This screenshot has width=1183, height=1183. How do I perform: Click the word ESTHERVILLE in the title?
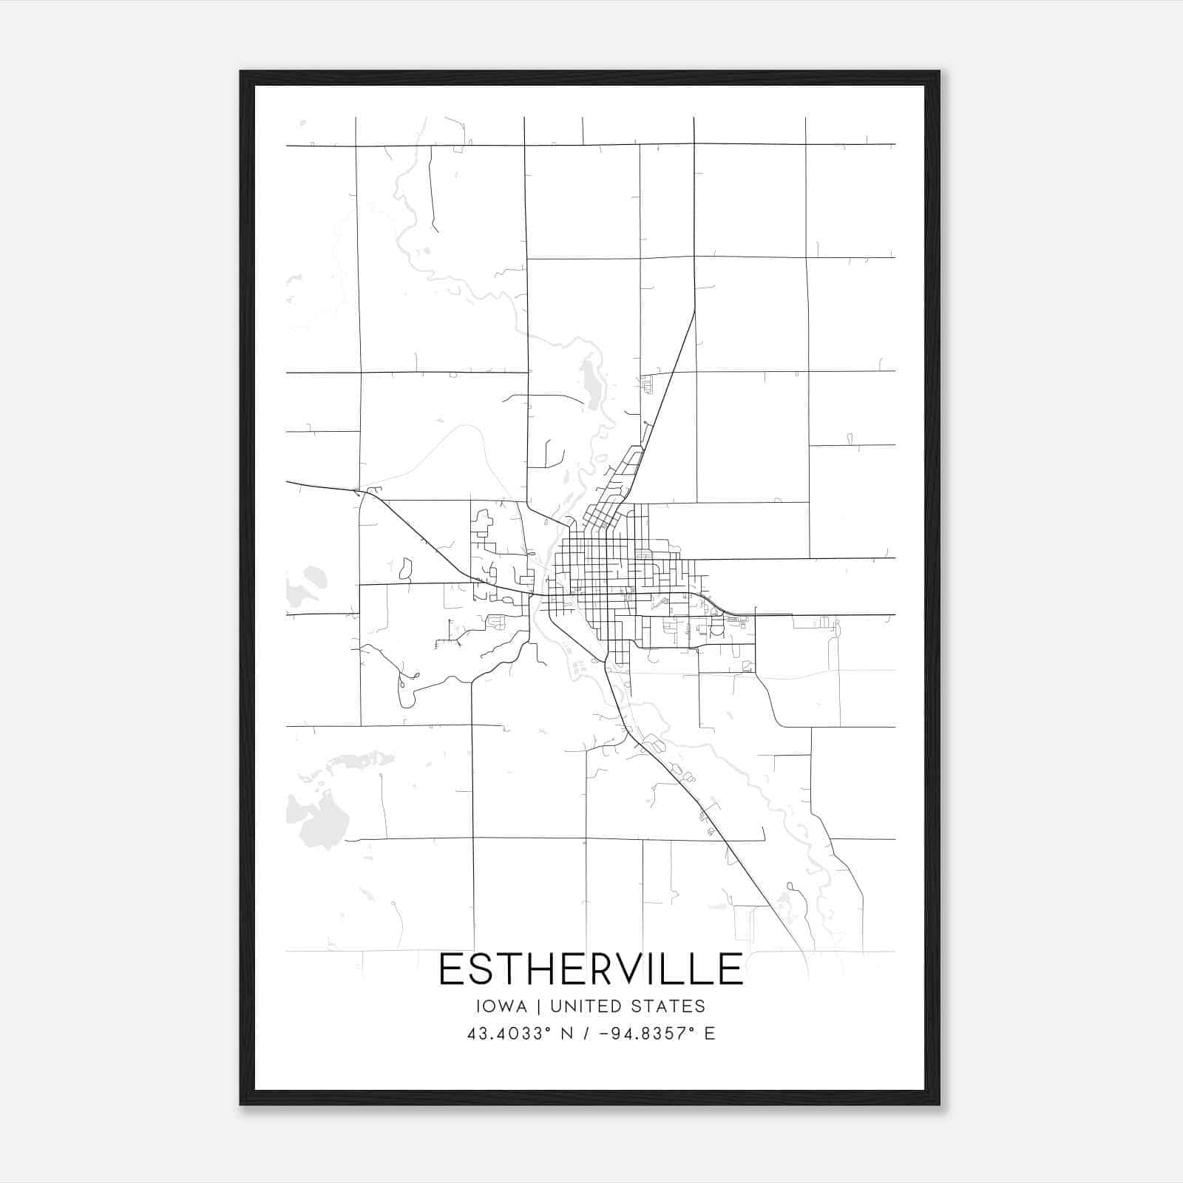(591, 969)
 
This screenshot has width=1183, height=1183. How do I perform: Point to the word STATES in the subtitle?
(672, 1006)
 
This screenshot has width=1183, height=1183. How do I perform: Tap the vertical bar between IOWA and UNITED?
(538, 1006)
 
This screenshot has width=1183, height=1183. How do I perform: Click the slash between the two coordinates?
(586, 1034)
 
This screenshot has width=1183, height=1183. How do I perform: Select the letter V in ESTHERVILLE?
(629, 969)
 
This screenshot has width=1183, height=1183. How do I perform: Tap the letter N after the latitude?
(567, 1034)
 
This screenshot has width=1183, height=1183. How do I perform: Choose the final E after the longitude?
(710, 1034)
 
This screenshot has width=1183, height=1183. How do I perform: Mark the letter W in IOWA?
(507, 1006)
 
